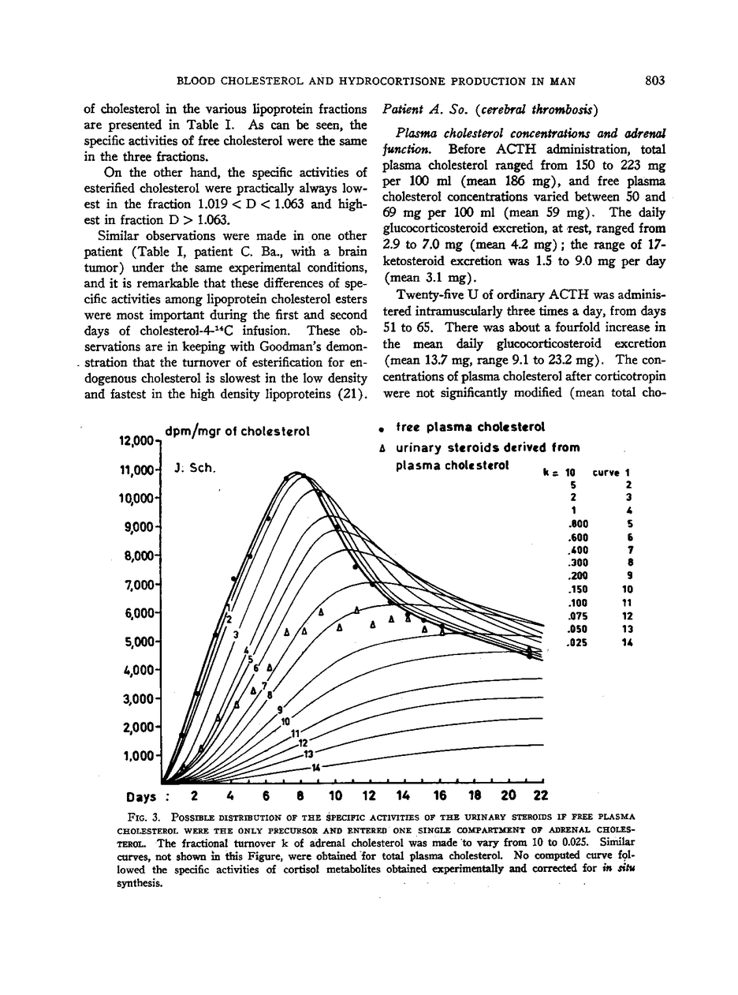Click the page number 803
pos(654,80)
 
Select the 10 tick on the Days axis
pos(335,794)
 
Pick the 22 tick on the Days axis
pos(540,794)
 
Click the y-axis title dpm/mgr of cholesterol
pos(237,432)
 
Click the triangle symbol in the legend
pos(380,448)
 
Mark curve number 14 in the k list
pos(628,642)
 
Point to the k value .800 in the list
pos(578,523)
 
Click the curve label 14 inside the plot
pos(315,767)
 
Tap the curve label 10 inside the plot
pos(285,721)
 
